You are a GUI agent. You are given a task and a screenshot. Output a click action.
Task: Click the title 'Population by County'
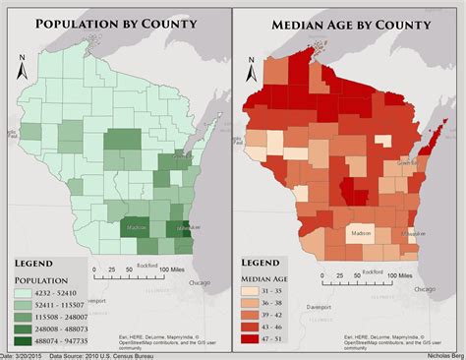click(116, 24)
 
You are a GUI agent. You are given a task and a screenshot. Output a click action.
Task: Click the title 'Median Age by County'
click(348, 24)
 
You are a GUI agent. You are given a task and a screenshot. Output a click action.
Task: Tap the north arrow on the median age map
click(253, 72)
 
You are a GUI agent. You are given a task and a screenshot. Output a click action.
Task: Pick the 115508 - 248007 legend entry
click(59, 319)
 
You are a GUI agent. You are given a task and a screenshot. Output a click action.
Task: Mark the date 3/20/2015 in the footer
click(24, 355)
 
